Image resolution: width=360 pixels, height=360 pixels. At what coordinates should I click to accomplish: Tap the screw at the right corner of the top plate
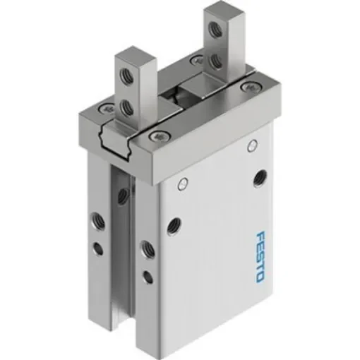[246, 87]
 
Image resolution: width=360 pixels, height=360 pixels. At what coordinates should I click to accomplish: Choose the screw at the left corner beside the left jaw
[106, 107]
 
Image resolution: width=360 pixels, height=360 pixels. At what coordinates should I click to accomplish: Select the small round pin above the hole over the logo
[251, 145]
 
